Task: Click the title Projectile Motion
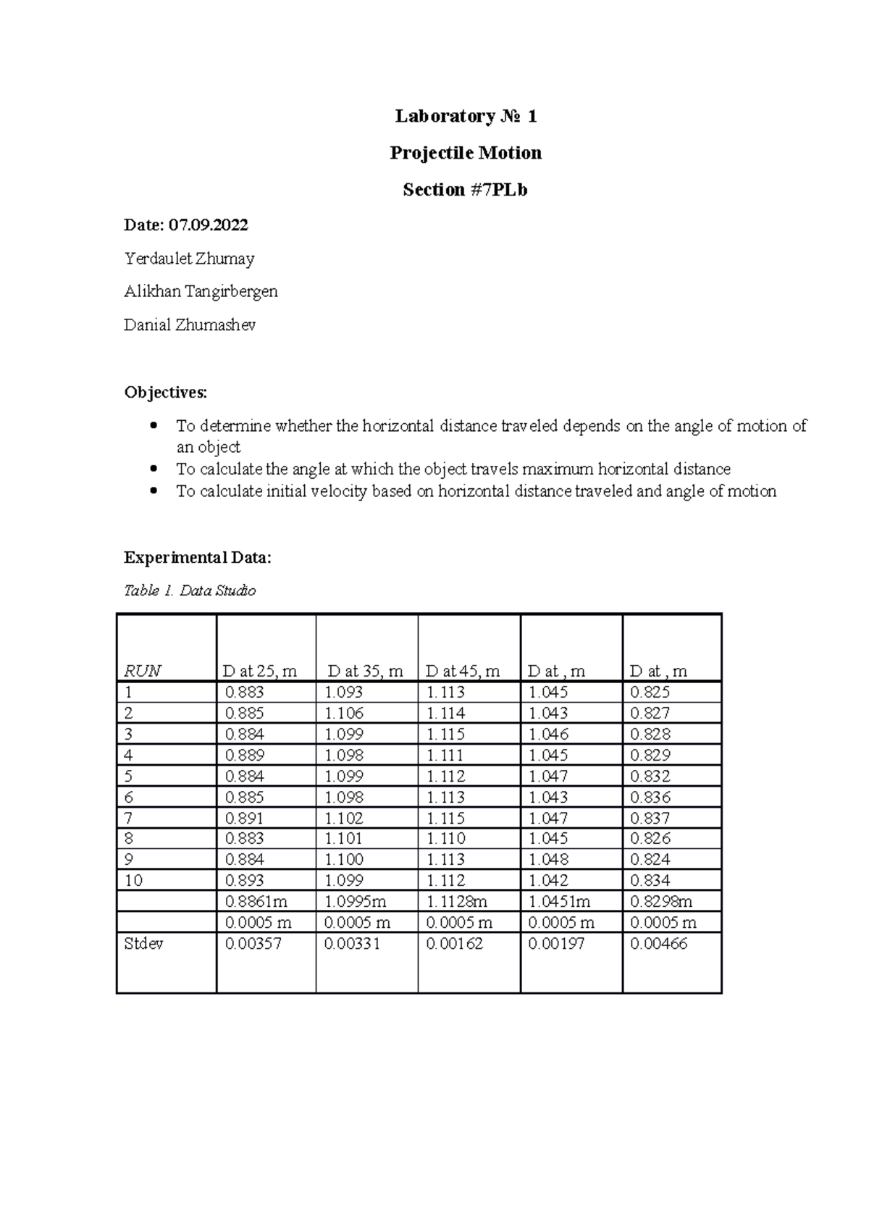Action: [466, 153]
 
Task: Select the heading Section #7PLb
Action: [465, 190]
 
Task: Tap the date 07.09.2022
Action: [208, 225]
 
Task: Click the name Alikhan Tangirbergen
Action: [201, 291]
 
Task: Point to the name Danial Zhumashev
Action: [190, 325]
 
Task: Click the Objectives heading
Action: [165, 393]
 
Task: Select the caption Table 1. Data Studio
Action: [190, 591]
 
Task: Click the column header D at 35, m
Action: [365, 671]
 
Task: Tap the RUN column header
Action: [142, 671]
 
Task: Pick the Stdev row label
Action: [143, 943]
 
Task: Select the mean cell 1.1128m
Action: [456, 901]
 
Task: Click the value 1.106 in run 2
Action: [344, 713]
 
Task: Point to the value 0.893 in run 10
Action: [245, 880]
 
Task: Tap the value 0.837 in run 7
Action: [650, 818]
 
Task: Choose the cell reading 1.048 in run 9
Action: [548, 859]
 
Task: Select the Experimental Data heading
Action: [198, 558]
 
